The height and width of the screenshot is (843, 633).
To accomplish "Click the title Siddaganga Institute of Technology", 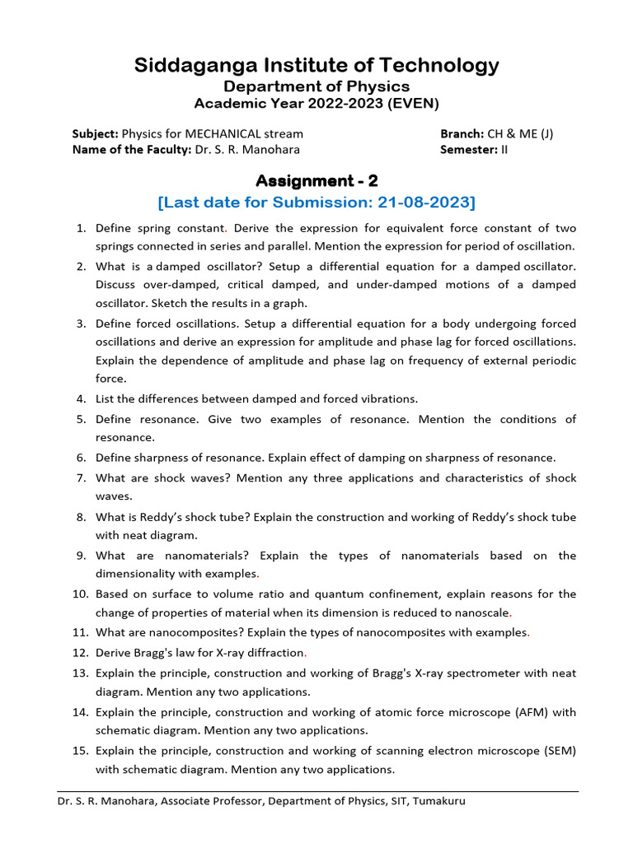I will [x=316, y=65].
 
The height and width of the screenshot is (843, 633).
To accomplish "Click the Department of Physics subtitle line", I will [x=316, y=86].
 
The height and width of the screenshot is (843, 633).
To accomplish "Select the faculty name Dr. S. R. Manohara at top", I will [x=247, y=149].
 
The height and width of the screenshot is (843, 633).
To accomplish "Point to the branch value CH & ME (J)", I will [x=520, y=133].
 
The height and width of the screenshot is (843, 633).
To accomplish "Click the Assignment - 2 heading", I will [x=316, y=180].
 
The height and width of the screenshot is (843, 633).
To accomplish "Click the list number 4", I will [x=82, y=398].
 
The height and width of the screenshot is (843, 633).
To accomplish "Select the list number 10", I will [x=80, y=594].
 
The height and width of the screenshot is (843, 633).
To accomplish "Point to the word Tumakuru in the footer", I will [x=438, y=800].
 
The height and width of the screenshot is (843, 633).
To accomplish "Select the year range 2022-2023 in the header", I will [x=338, y=104].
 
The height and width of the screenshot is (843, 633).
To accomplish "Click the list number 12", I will [x=80, y=653].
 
